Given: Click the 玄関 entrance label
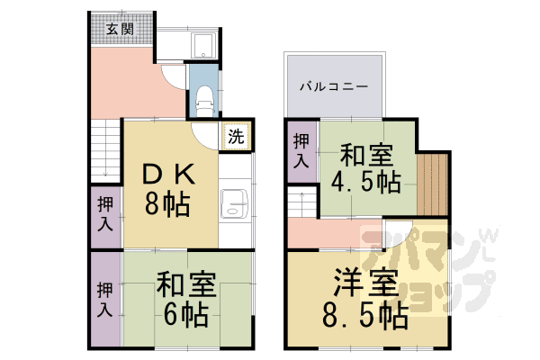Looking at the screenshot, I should (x=119, y=28).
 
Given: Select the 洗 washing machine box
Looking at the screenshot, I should (x=235, y=138).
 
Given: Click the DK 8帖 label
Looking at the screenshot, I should (x=169, y=187).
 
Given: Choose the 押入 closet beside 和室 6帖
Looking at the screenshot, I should (x=105, y=300).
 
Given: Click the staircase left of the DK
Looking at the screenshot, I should (x=104, y=149).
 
